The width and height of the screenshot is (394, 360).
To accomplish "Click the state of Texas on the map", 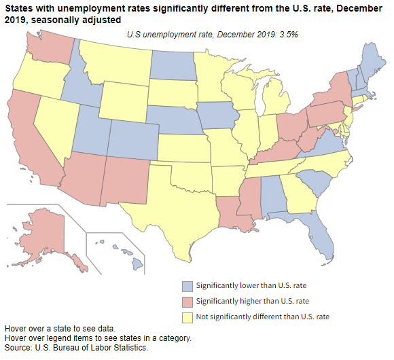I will tap(173, 204).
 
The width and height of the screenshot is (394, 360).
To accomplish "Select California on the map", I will tap(31, 136).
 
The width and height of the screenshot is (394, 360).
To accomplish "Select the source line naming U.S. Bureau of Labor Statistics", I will tap(76, 347).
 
